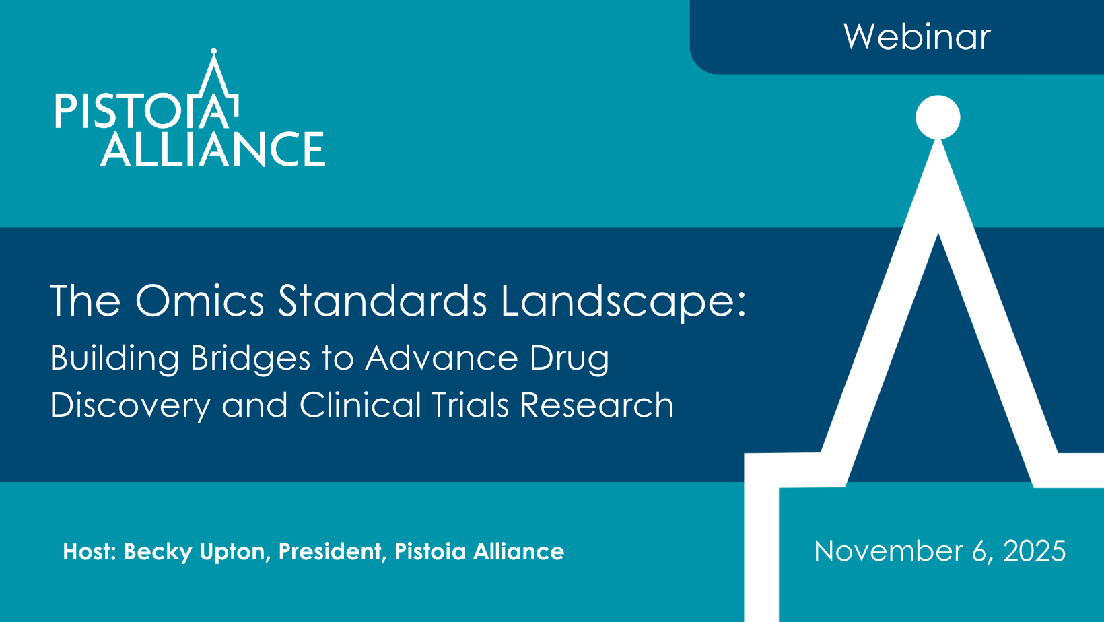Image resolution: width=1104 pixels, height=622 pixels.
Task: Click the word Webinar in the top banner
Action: pyautogui.click(x=917, y=37)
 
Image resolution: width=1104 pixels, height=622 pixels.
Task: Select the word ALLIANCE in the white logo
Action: pyautogui.click(x=213, y=149)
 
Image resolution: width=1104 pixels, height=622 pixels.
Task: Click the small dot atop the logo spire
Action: pyautogui.click(x=213, y=50)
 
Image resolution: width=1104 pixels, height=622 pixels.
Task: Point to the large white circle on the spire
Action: pyautogui.click(x=938, y=117)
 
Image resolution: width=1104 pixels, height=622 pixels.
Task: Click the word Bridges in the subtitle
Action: pyautogui.click(x=251, y=358)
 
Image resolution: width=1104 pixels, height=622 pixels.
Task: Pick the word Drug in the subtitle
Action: pyautogui.click(x=570, y=359)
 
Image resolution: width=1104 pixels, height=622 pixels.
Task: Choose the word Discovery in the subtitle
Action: pyautogui.click(x=130, y=406)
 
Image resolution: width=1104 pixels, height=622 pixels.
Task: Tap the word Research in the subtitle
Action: pyautogui.click(x=597, y=405)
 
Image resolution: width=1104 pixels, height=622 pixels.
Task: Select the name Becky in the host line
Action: pyautogui.click(x=158, y=552)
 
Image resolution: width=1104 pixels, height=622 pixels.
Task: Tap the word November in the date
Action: pyautogui.click(x=888, y=551)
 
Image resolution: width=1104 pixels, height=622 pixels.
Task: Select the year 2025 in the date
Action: pyautogui.click(x=1035, y=551)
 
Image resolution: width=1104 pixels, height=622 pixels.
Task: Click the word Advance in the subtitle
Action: pyautogui.click(x=442, y=358)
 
